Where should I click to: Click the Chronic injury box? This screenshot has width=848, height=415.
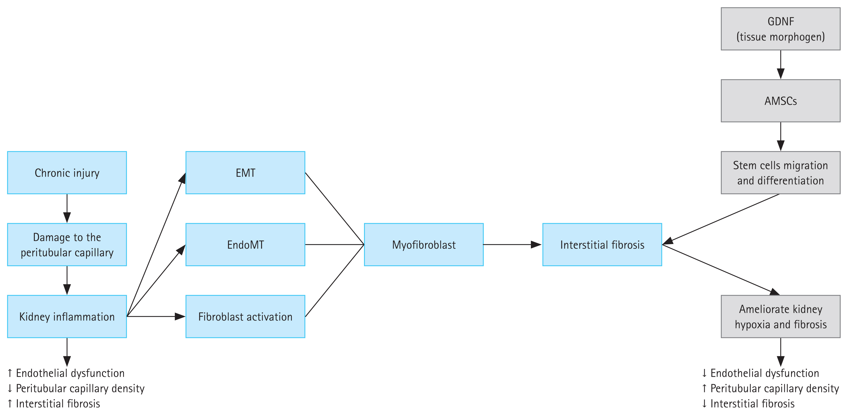coord(67,173)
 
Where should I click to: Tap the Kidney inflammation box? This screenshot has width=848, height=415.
coord(67,317)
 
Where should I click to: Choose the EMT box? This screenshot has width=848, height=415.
coord(245,173)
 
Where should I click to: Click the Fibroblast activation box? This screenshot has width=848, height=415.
coord(245,317)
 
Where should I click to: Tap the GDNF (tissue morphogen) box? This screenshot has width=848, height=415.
coord(781,29)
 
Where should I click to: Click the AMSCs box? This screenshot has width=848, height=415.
coord(781,101)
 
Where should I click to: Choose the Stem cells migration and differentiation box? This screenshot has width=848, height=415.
coord(781,173)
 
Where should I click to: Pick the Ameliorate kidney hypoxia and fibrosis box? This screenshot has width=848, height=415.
coord(781,317)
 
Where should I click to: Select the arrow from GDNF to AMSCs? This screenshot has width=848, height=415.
coord(781,65)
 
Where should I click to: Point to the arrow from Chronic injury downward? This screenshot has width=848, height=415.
coord(67,208)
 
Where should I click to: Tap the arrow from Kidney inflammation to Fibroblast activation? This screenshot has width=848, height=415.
coord(156,317)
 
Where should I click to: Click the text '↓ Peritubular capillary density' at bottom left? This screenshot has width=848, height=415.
coord(76,388)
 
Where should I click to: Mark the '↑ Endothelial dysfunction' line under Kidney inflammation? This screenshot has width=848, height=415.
coord(66,373)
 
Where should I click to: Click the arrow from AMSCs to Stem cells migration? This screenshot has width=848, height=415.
coord(781,137)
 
